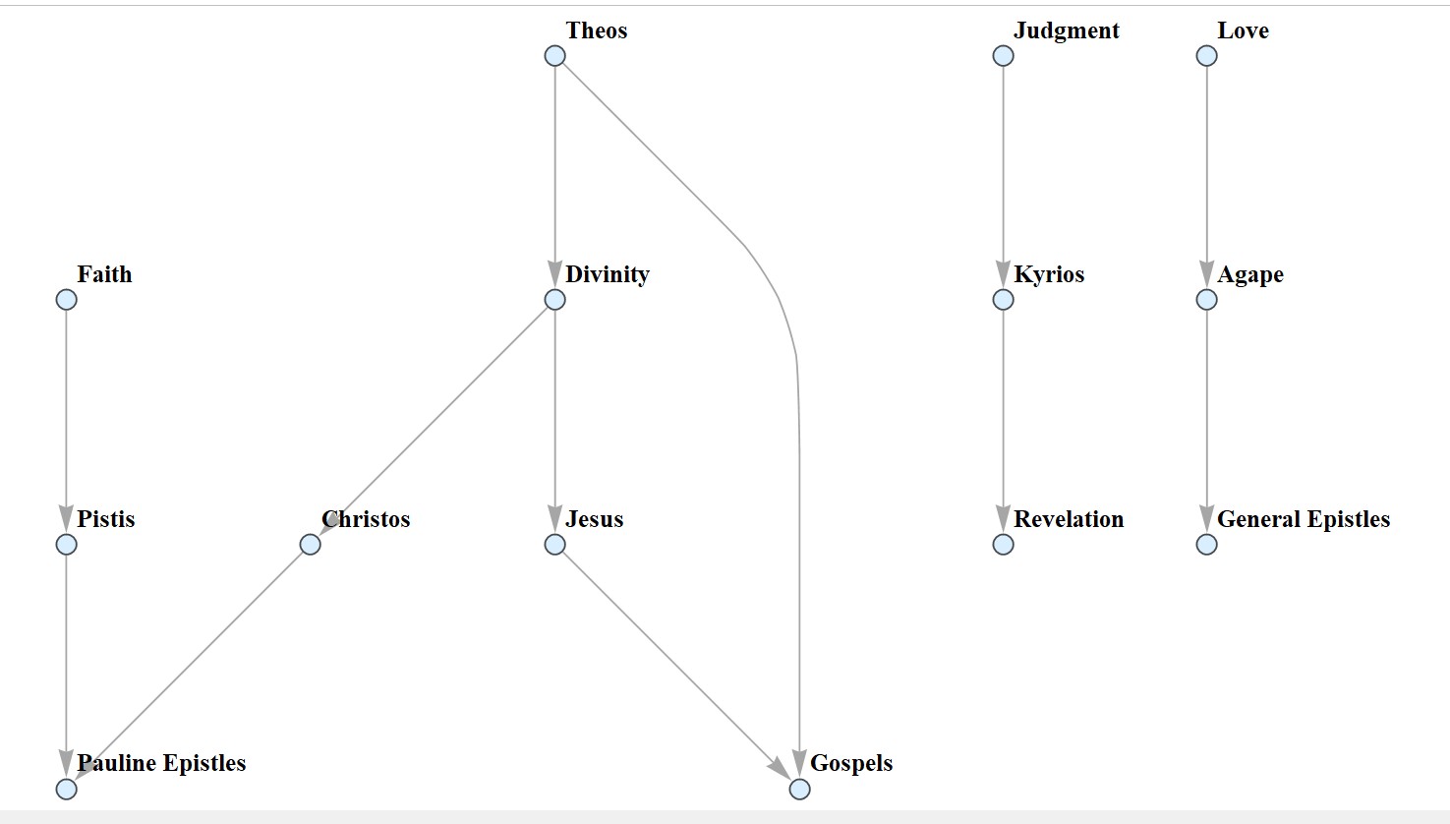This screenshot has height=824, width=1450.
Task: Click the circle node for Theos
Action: tap(554, 55)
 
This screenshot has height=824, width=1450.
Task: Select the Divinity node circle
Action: tap(554, 299)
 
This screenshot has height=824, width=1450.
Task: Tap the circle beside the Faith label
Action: tap(66, 299)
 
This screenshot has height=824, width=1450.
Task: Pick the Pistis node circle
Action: tap(66, 544)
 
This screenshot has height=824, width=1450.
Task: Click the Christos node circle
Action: tap(310, 544)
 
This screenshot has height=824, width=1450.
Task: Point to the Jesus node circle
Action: tap(554, 544)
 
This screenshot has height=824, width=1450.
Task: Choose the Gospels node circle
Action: tap(799, 789)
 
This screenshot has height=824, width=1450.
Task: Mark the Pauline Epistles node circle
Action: tap(66, 789)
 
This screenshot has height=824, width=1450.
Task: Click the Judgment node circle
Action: tap(1003, 55)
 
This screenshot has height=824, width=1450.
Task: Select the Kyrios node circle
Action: tap(1003, 299)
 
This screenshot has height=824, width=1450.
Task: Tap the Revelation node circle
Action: tap(1003, 544)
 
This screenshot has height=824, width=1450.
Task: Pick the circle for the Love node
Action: tap(1206, 55)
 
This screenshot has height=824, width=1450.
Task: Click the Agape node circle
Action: tap(1206, 299)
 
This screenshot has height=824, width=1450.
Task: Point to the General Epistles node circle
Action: tap(1206, 544)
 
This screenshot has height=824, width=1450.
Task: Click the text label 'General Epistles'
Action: tap(1303, 519)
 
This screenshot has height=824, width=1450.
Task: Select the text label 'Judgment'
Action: tap(1066, 30)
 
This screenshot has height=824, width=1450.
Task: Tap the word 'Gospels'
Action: tap(851, 763)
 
